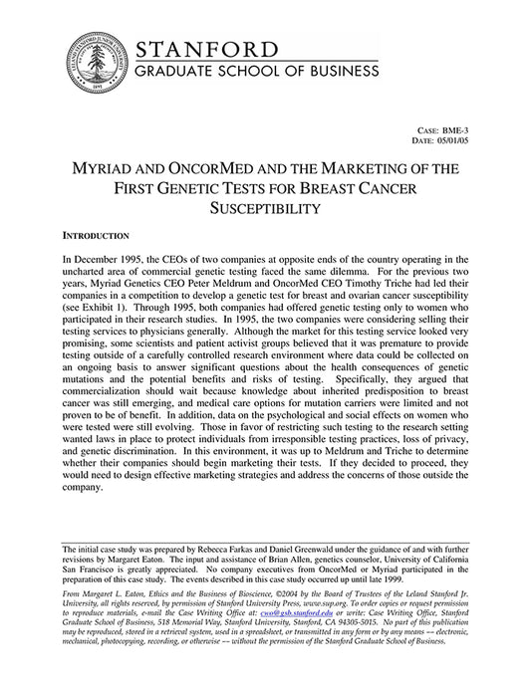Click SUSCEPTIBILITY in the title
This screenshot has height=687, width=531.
pyautogui.click(x=264, y=209)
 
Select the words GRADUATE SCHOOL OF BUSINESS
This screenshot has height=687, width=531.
pyautogui.click(x=256, y=72)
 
